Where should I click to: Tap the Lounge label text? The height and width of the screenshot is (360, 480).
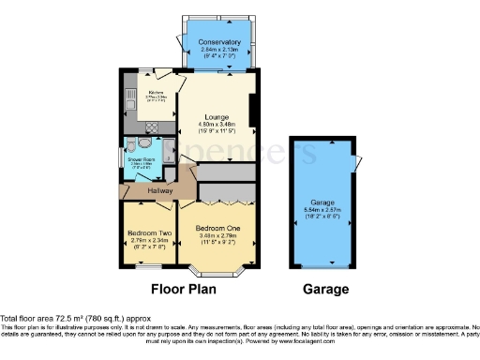pyautogui.click(x=217, y=116)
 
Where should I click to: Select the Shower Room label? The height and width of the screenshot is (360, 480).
pyautogui.click(x=142, y=159)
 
